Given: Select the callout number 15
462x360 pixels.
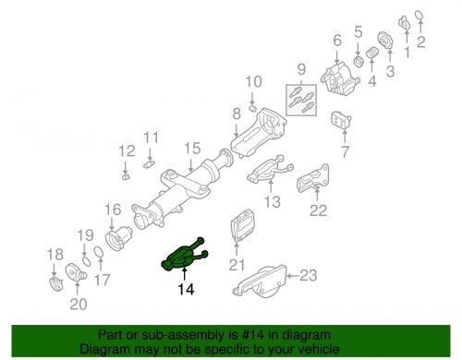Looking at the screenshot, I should click(191, 148).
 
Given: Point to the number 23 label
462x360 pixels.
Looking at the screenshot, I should click(308, 275).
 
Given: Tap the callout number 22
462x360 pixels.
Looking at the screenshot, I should click(318, 210).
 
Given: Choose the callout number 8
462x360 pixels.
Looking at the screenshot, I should click(237, 114).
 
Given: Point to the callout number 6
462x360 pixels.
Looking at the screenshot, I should click(336, 40).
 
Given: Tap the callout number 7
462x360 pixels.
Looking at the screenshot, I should click(346, 150).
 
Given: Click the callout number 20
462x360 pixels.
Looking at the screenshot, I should click(78, 303).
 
